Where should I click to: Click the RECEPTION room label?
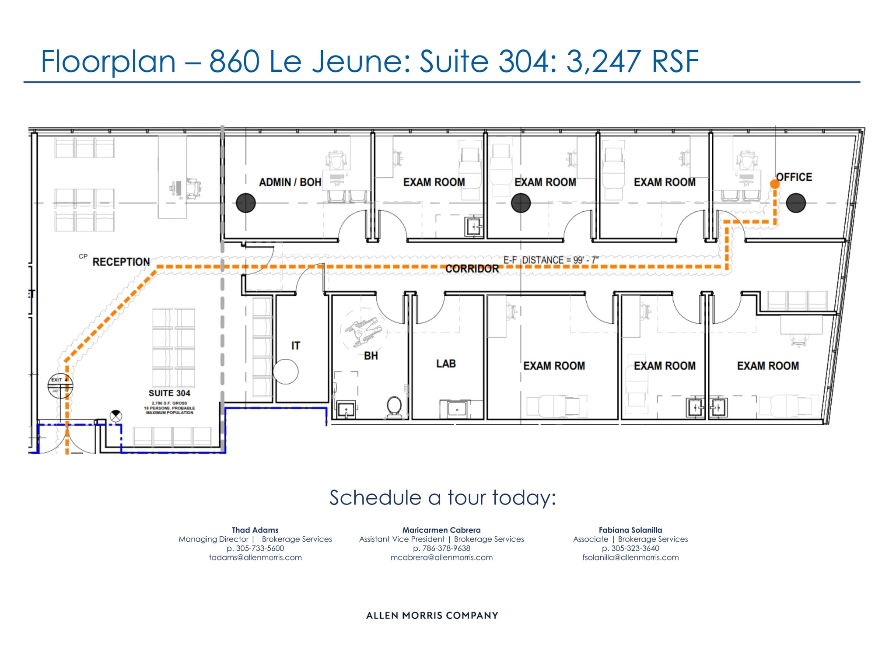click(x=121, y=262)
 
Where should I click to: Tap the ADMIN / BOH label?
click(x=290, y=182)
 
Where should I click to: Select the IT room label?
click(x=296, y=346)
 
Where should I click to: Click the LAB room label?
click(x=446, y=364)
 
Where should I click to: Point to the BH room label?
click(x=371, y=356)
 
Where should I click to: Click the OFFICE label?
click(x=794, y=177)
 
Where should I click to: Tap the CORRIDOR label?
click(x=472, y=269)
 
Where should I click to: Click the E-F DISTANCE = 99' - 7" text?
click(x=551, y=260)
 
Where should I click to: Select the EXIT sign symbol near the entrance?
click(x=60, y=385)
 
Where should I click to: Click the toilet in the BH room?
click(x=395, y=406)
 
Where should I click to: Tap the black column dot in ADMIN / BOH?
click(x=246, y=203)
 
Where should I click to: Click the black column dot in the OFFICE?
click(x=796, y=203)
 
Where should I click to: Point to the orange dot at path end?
click(x=775, y=184)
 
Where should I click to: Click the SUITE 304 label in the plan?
click(x=169, y=393)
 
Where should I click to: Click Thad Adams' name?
click(x=255, y=530)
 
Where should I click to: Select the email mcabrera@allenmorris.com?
click(x=441, y=557)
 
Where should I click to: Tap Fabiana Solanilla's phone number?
click(x=630, y=548)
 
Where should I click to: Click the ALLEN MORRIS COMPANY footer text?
click(x=432, y=616)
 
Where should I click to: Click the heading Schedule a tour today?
click(x=442, y=498)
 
